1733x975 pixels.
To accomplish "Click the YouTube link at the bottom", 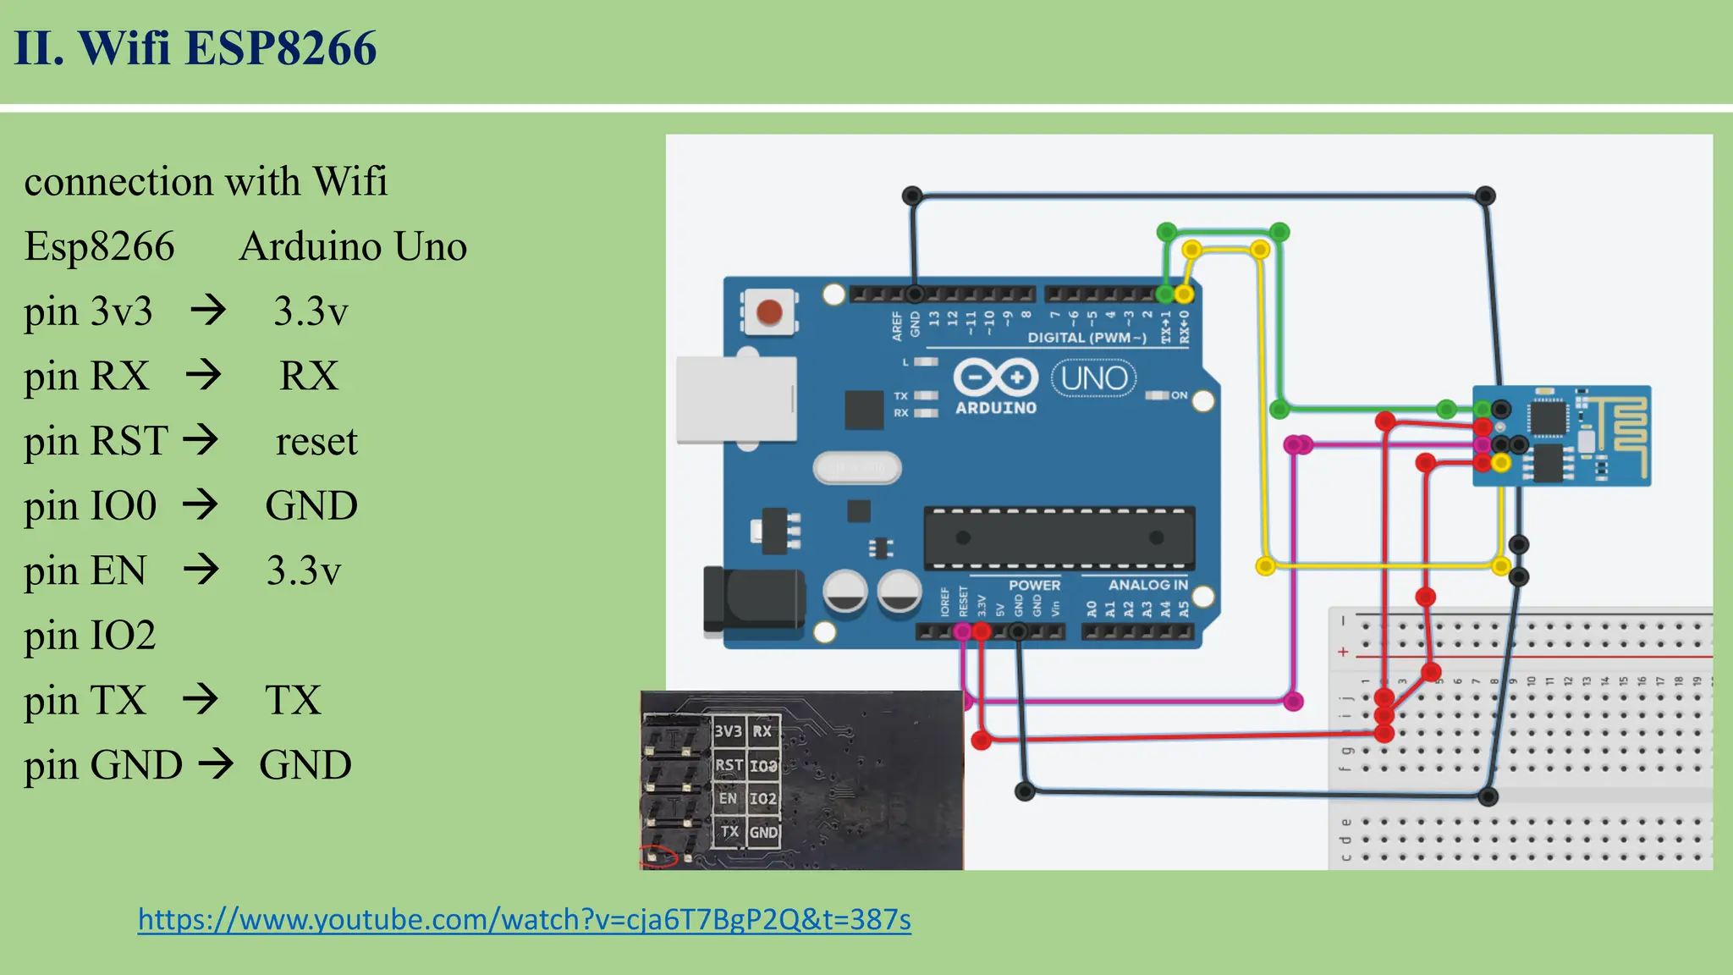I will tap(524, 919).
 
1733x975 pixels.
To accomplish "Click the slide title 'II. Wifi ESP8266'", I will tap(195, 47).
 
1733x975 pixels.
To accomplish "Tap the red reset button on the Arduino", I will tap(768, 312).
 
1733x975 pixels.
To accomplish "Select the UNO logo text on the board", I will tap(1093, 378).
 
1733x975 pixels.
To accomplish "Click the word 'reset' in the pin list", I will tap(316, 441).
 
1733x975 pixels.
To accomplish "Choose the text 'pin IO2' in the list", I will tap(90, 636).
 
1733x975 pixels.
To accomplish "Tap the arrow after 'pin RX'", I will tap(204, 375).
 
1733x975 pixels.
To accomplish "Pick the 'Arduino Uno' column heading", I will tap(353, 246).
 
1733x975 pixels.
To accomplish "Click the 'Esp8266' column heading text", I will tap(99, 246).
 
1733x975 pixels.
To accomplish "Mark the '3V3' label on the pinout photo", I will tap(728, 731).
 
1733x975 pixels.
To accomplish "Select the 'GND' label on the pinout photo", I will tap(763, 833).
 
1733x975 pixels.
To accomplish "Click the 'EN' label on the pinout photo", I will tap(728, 798).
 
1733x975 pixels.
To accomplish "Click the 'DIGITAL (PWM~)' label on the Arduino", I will tap(1087, 338).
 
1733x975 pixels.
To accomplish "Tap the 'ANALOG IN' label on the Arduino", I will tap(1147, 585).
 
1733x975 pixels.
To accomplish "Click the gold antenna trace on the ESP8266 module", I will tap(1626, 432).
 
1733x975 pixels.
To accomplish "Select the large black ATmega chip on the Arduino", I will tap(1059, 538).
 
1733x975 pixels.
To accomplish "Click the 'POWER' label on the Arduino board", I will tap(1034, 585).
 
